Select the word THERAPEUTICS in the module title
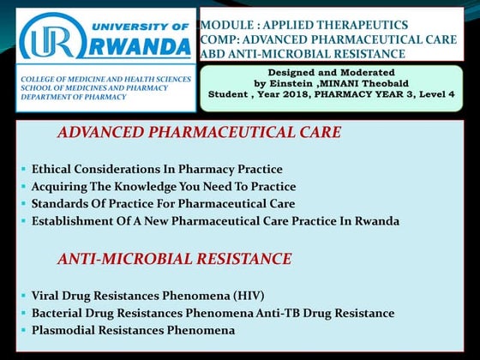(360, 25)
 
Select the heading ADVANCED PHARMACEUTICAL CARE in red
(199, 133)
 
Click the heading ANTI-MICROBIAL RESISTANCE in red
(174, 258)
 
